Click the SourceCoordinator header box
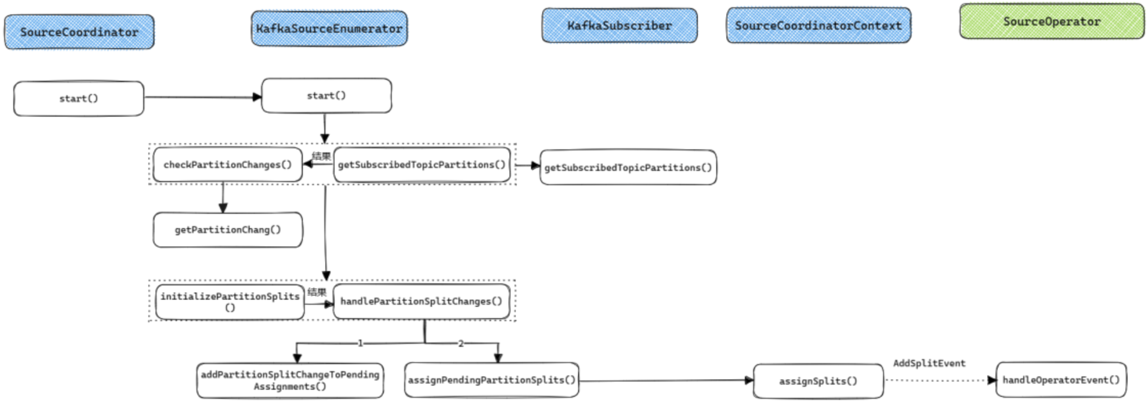pyautogui.click(x=79, y=32)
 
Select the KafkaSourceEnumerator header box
pyautogui.click(x=329, y=29)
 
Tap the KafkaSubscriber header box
pyautogui.click(x=619, y=25)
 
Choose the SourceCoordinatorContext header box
pyautogui.click(x=818, y=25)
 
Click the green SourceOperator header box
pyautogui.click(x=1051, y=21)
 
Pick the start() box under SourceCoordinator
pyautogui.click(x=78, y=98)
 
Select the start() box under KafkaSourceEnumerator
pyautogui.click(x=326, y=96)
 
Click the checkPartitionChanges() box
pyautogui.click(x=227, y=165)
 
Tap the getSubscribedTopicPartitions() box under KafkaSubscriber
pyautogui.click(x=628, y=167)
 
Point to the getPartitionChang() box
pyautogui.click(x=227, y=230)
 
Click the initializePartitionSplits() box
pyautogui.click(x=230, y=302)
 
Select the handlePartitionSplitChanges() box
pyautogui.click(x=421, y=301)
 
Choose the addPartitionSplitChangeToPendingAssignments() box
pyautogui.click(x=290, y=380)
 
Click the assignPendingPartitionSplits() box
pyautogui.click(x=491, y=380)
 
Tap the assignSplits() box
pyautogui.click(x=818, y=381)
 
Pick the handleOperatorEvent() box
pyautogui.click(x=1061, y=379)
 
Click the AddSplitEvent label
pyautogui.click(x=929, y=363)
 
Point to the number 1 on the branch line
pyautogui.click(x=360, y=343)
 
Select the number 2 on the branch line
pyautogui.click(x=460, y=343)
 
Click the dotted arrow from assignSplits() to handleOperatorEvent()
pyautogui.click(x=939, y=380)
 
